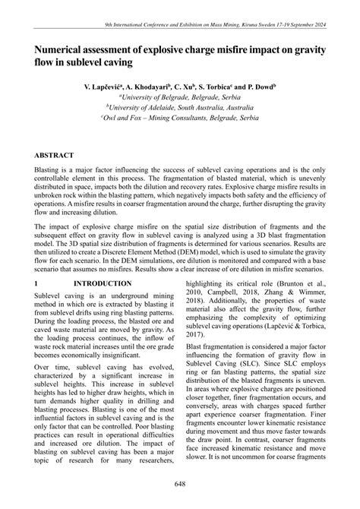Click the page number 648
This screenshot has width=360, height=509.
click(x=179, y=484)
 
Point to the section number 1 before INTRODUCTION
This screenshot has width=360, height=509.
click(x=36, y=283)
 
